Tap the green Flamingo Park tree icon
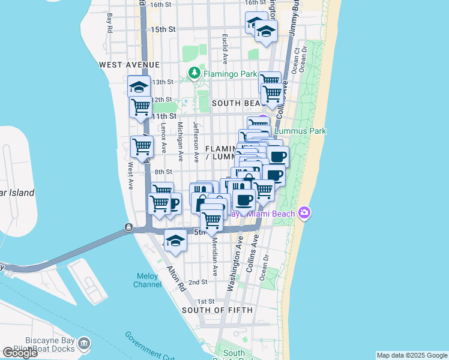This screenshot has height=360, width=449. [x=194, y=74]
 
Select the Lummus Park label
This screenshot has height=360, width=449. [x=300, y=130]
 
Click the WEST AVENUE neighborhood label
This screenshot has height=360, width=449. [x=130, y=64]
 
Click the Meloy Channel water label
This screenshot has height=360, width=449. [x=147, y=281]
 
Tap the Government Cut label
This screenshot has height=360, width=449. [x=149, y=344]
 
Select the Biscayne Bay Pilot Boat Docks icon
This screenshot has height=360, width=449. [x=84, y=344]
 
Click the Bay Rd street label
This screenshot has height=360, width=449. [x=110, y=23]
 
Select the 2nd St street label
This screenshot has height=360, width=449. [x=197, y=282]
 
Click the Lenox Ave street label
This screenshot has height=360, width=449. [x=163, y=139]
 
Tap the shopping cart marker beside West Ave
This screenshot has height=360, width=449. [x=142, y=146]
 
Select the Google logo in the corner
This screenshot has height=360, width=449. [x=20, y=353]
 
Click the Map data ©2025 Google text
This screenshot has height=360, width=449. [x=411, y=355]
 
